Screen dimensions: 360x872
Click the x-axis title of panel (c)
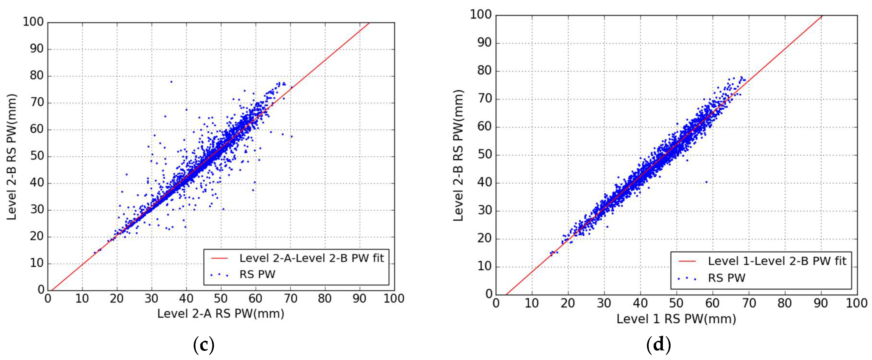pyautogui.click(x=221, y=314)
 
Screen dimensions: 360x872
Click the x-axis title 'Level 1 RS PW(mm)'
pyautogui.click(x=676, y=319)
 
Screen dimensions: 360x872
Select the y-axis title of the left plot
pyautogui.click(x=12, y=157)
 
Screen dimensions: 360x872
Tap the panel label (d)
pyautogui.click(x=659, y=345)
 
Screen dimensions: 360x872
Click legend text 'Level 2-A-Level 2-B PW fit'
pyautogui.click(x=311, y=258)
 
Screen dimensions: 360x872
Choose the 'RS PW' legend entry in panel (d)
pyautogui.click(x=726, y=278)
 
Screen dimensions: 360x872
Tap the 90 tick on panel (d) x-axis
pyautogui.click(x=820, y=303)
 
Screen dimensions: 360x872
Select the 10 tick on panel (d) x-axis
pyautogui.click(x=532, y=303)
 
